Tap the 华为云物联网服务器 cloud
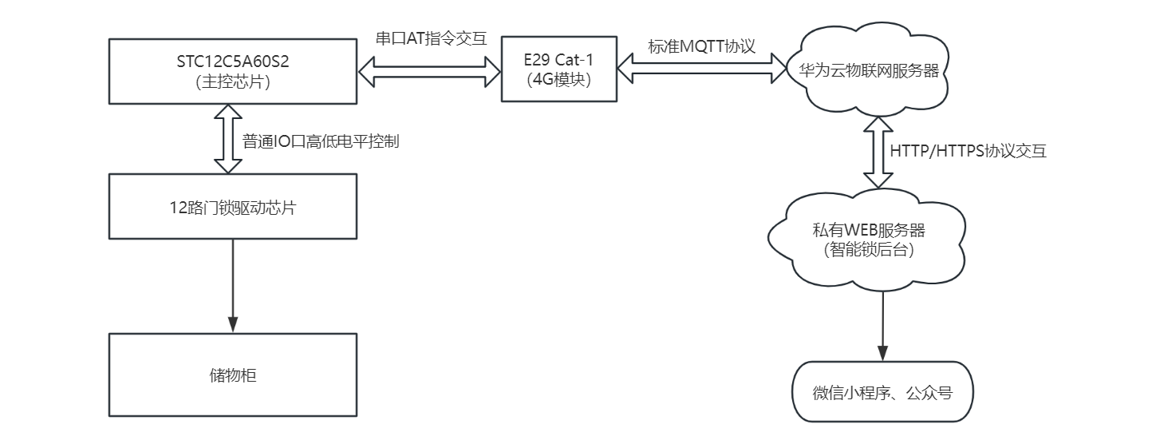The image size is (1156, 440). pyautogui.click(x=864, y=69)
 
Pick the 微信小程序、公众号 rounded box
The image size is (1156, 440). pyautogui.click(x=882, y=393)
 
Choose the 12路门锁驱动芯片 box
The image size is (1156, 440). pyautogui.click(x=232, y=208)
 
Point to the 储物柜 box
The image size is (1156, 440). pyautogui.click(x=232, y=375)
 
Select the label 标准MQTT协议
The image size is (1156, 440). pyautogui.click(x=701, y=46)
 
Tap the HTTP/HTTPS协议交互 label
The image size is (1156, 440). pyautogui.click(x=967, y=151)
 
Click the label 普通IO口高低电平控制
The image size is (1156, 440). pyautogui.click(x=321, y=143)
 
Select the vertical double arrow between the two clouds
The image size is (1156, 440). pyautogui.click(x=878, y=152)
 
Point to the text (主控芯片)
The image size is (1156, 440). pyautogui.click(x=232, y=82)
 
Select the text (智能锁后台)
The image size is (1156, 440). pyautogui.click(x=867, y=250)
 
